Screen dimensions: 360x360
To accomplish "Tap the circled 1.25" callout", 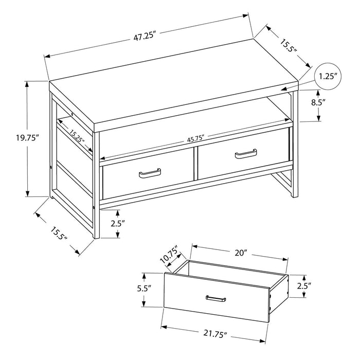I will coord(328,77).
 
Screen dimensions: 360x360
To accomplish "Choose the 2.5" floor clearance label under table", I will coord(117,224).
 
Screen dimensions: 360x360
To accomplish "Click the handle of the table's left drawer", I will coord(149,174).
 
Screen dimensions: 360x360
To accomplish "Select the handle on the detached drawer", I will coord(217,298).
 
